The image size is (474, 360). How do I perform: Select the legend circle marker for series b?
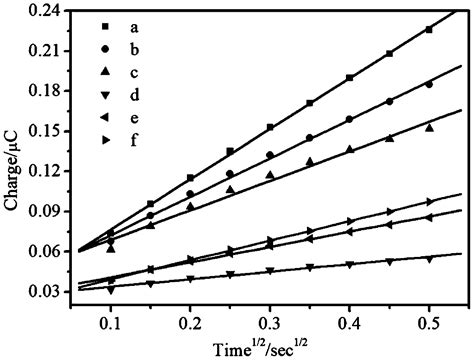tap(105, 48)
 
